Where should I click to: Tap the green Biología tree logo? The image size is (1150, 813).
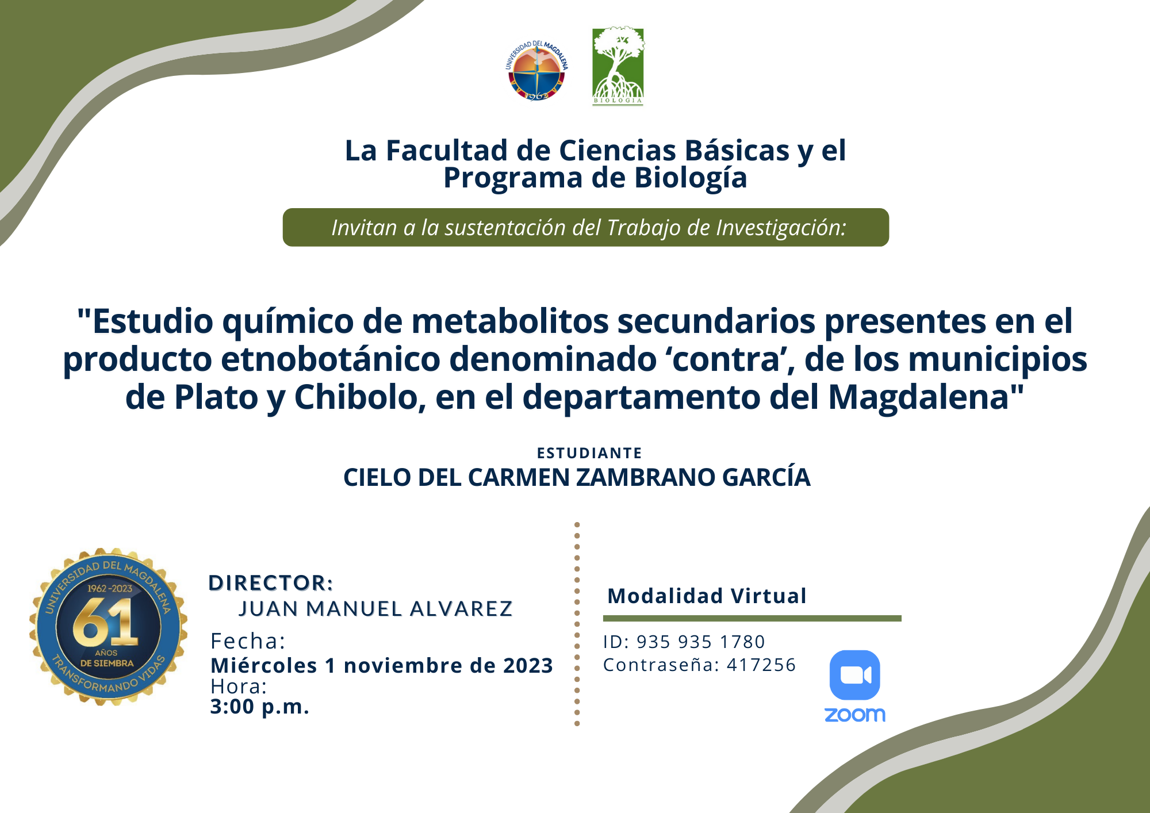tap(618, 66)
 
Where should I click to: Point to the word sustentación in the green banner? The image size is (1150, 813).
tap(505, 228)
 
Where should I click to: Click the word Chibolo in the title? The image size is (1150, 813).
tap(360, 397)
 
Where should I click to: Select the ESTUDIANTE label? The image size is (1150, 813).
tap(589, 453)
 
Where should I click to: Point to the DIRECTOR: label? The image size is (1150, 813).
tap(271, 583)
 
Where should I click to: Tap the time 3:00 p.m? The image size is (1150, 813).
tap(260, 707)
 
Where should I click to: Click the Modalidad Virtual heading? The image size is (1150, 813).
tap(707, 596)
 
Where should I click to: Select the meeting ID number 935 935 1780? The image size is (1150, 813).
tap(701, 642)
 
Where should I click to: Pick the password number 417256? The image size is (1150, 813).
tap(761, 665)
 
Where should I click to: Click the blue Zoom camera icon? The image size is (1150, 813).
tap(855, 675)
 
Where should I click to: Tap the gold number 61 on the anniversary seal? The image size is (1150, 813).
tap(106, 622)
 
